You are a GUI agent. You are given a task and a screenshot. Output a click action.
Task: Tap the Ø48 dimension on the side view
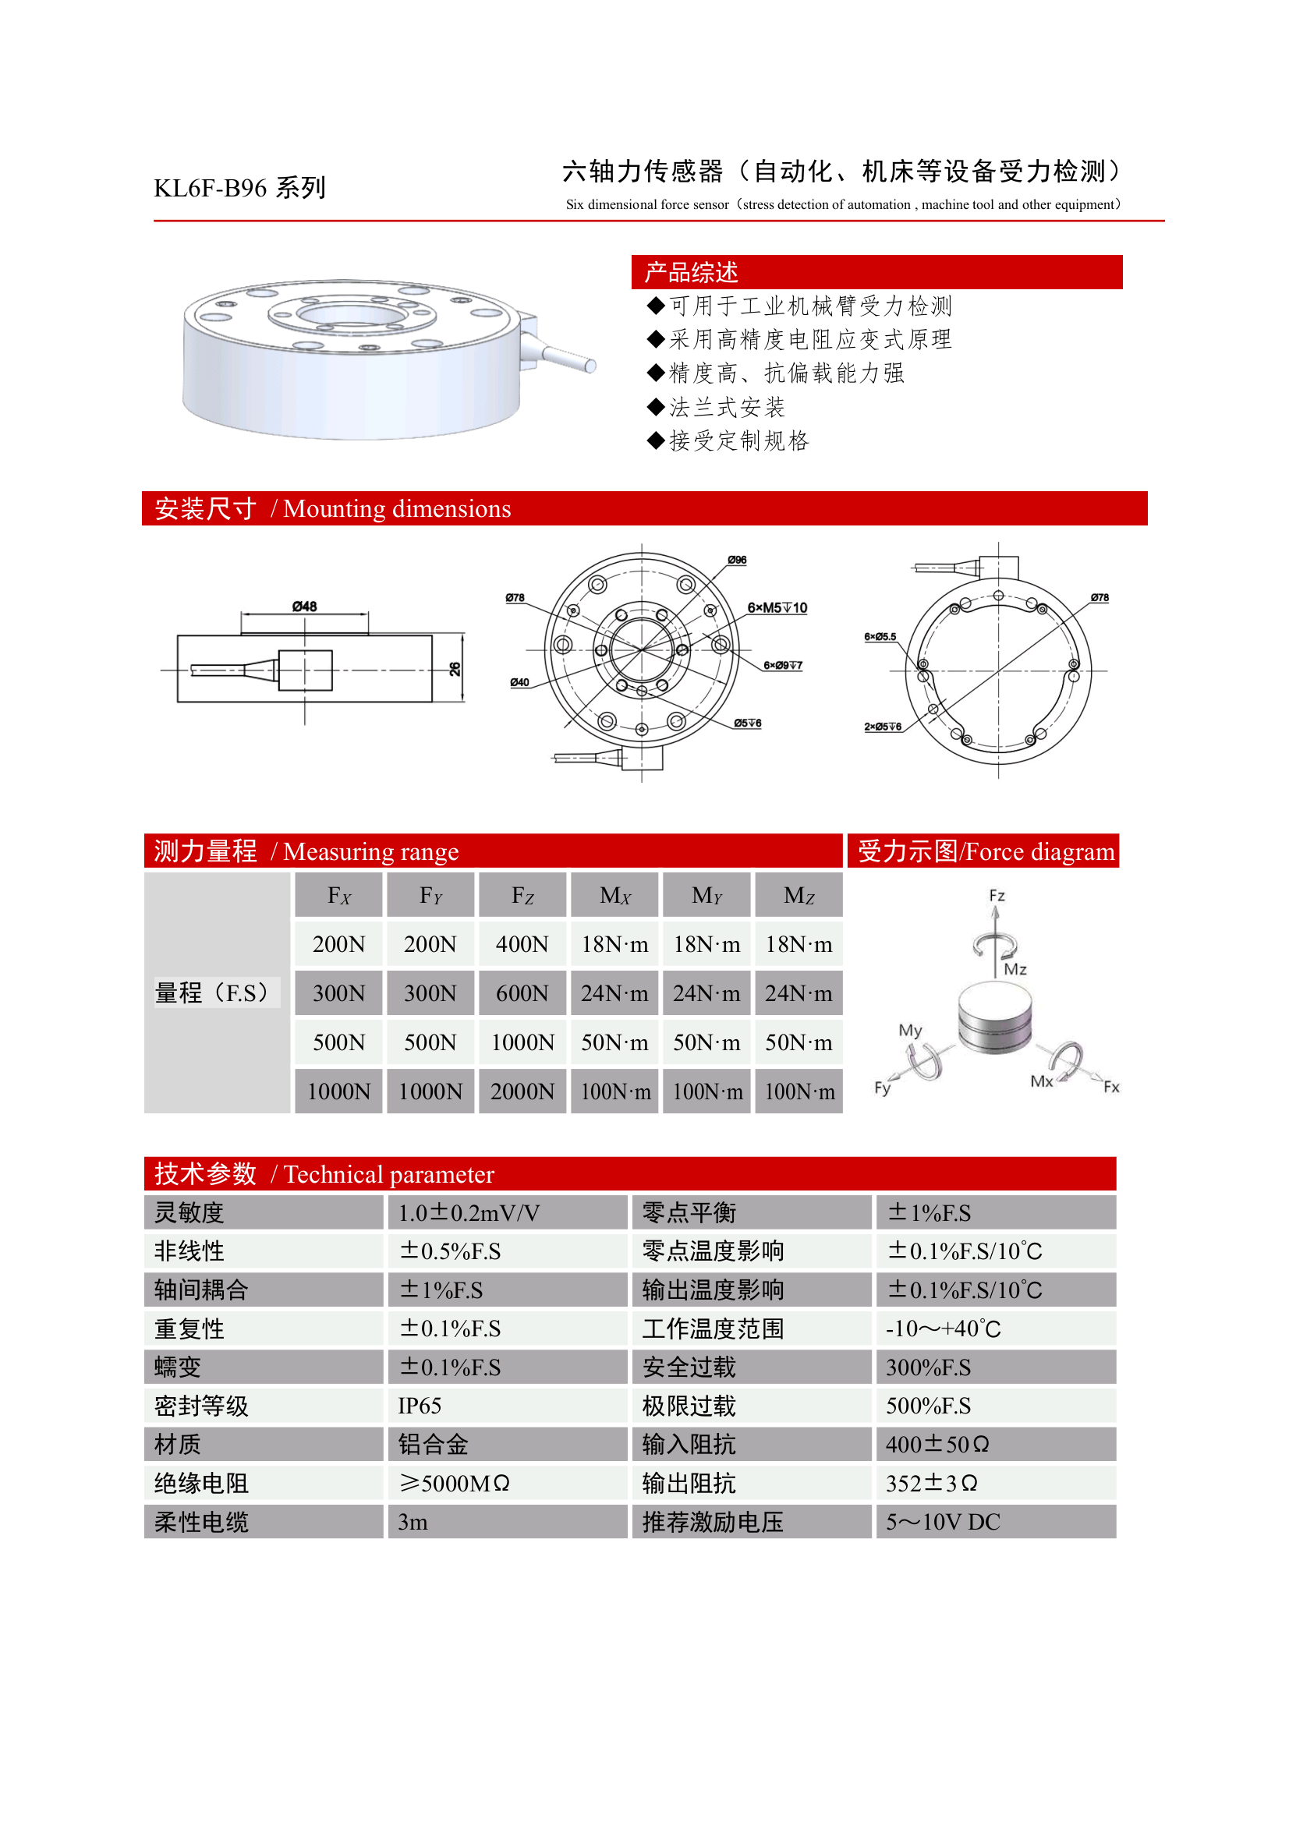point(304,607)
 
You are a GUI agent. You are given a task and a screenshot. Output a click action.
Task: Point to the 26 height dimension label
point(455,669)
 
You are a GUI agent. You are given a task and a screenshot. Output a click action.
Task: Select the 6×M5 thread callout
point(776,608)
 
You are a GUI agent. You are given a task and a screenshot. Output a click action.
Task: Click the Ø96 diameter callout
point(737,561)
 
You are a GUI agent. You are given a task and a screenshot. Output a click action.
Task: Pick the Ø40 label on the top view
point(519,682)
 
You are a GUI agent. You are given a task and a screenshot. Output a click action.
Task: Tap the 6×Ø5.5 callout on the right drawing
point(880,636)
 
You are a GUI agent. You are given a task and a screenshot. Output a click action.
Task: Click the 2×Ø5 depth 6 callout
point(883,727)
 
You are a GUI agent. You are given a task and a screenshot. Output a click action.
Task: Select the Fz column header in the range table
point(522,896)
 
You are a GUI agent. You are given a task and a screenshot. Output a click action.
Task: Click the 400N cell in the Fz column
point(522,944)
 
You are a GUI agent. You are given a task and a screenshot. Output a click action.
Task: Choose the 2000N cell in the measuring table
point(522,1092)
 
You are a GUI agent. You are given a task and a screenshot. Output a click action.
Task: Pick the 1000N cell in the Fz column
point(522,1042)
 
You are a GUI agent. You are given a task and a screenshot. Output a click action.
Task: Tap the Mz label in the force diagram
point(1015,969)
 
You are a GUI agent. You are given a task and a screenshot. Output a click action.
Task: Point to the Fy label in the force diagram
point(882,1087)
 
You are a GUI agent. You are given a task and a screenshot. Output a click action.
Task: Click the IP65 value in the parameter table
point(419,1406)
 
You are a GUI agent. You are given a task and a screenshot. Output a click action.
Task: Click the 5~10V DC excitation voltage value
point(942,1522)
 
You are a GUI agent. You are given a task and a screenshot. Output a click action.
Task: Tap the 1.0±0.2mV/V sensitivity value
point(469,1213)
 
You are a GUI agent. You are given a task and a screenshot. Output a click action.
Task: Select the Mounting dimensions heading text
point(396,508)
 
